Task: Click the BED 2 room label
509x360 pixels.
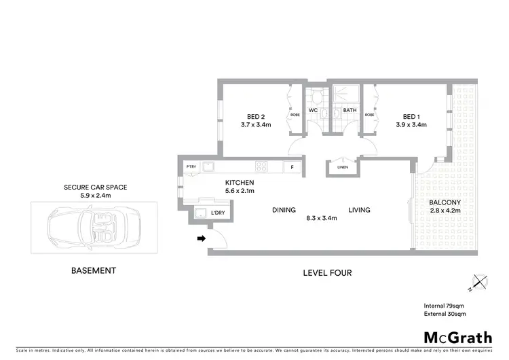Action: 255,115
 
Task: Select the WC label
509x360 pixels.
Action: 313,110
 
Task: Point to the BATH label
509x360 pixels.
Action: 350,110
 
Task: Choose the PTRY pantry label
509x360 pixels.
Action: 191,166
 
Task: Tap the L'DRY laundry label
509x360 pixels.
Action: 218,213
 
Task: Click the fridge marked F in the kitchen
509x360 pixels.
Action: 293,166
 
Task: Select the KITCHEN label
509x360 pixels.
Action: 240,183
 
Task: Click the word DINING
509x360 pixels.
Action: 284,210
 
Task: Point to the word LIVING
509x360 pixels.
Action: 360,210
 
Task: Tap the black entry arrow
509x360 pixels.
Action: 201,238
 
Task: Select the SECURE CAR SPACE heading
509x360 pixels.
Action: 96,187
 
